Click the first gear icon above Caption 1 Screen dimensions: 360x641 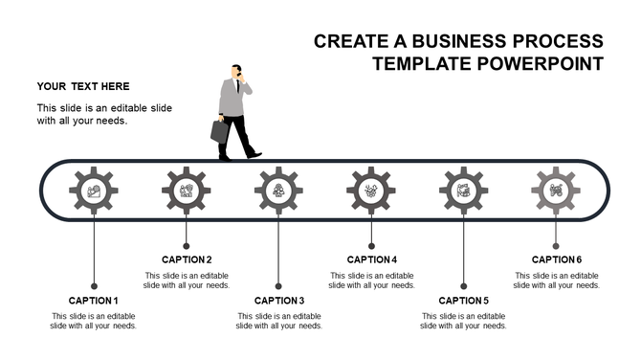click(x=94, y=191)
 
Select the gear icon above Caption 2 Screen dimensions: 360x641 click(x=187, y=191)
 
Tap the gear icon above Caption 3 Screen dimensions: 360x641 click(x=278, y=191)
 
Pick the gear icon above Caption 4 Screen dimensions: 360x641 click(x=371, y=191)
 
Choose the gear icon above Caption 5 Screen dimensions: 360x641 click(x=464, y=191)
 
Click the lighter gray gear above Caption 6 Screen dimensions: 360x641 click(x=556, y=191)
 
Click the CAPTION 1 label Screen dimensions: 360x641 click(x=94, y=301)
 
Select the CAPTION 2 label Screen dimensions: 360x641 click(x=187, y=259)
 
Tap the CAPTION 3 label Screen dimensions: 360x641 click(x=279, y=301)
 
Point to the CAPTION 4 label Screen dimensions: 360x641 click(x=371, y=259)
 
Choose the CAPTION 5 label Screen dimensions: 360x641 click(x=464, y=301)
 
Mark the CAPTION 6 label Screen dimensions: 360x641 click(x=557, y=259)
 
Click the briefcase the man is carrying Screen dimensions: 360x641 click(x=220, y=131)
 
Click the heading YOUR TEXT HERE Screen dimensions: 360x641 click(x=84, y=85)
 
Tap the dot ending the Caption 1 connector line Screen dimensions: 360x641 click(x=94, y=285)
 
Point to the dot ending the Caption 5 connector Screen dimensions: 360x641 click(x=464, y=285)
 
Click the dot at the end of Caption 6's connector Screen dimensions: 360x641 click(x=556, y=244)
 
